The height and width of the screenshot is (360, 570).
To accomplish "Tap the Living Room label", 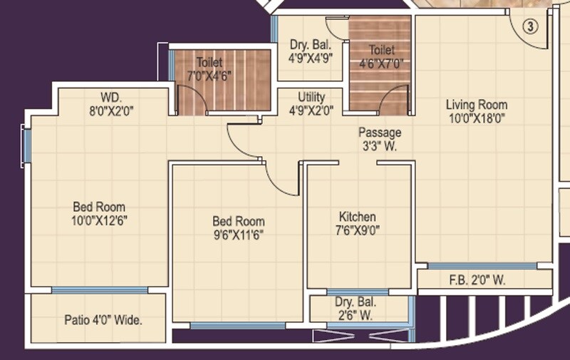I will click(x=477, y=106).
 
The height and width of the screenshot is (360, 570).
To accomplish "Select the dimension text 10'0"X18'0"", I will click(x=477, y=119).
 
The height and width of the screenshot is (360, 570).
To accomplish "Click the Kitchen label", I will click(x=358, y=217).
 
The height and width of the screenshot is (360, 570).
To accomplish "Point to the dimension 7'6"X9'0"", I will click(x=358, y=230).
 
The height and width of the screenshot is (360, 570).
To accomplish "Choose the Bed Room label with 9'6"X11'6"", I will click(x=239, y=221).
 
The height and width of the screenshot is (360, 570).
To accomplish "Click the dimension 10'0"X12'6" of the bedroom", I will click(x=99, y=220).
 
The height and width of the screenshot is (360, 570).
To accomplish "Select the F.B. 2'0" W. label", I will click(x=477, y=281).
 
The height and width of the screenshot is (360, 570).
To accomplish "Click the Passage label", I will click(x=380, y=133).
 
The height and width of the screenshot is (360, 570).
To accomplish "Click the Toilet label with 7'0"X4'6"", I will click(x=209, y=63).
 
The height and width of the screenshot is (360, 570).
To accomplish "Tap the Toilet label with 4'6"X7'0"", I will click(x=382, y=51).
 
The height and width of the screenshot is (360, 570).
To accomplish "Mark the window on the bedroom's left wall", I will click(x=26, y=145).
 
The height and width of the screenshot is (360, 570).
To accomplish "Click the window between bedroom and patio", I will click(x=100, y=290).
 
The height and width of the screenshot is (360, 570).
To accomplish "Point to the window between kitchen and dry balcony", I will click(x=358, y=292).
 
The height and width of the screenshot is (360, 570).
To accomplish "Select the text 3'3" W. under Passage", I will click(x=380, y=145).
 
